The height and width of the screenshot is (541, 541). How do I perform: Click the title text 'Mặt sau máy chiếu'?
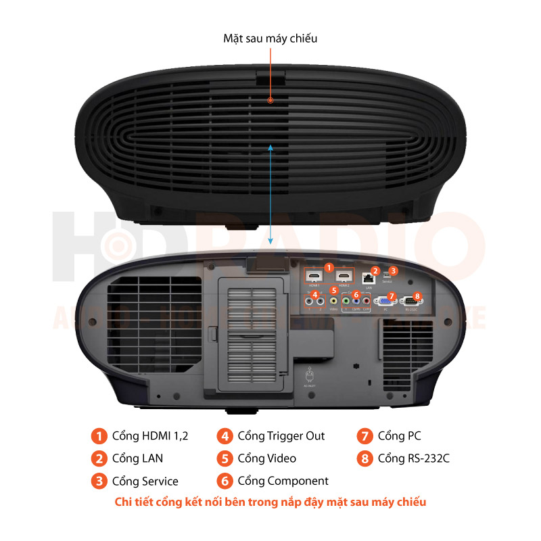[270, 39]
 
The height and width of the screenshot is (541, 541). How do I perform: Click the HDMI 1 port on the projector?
[314, 277]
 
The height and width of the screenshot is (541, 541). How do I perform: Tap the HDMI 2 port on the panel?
[345, 277]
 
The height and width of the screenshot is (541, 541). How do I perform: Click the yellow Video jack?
[333, 302]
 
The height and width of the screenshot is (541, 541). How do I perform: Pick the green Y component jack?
[346, 302]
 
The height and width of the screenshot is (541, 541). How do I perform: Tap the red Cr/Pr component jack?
[366, 302]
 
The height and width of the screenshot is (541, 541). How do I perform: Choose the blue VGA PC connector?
[384, 302]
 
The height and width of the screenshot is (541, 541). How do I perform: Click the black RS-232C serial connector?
[408, 302]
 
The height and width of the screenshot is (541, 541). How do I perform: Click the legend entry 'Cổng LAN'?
[137, 458]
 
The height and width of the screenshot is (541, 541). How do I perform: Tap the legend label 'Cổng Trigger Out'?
[281, 436]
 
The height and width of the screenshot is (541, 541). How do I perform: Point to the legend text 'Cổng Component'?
[283, 481]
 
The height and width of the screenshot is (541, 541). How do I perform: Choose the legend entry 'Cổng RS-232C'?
[413, 458]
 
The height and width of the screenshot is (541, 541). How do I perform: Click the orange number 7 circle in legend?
[364, 436]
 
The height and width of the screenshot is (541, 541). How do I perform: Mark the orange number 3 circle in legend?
[99, 481]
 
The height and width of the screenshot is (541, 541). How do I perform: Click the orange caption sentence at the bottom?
[270, 502]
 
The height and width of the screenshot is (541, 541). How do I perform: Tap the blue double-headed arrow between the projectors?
[270, 193]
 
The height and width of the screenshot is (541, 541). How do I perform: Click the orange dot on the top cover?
[270, 100]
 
